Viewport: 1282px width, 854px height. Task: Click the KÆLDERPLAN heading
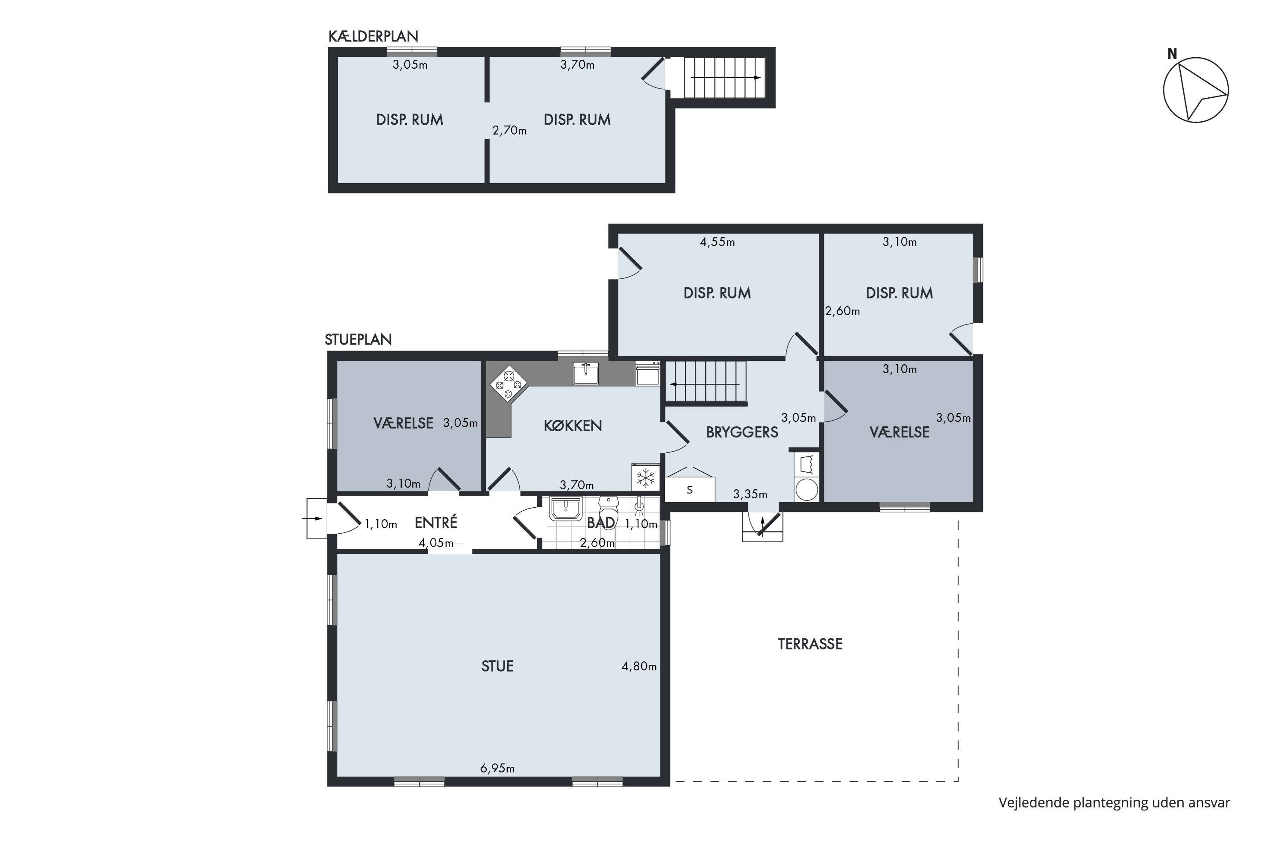373,36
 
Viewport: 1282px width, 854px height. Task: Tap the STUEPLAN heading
358,340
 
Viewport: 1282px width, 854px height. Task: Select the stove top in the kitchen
509,383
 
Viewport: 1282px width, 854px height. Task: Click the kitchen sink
585,374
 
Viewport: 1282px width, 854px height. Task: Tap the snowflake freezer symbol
646,478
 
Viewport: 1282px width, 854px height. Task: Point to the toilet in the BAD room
608,511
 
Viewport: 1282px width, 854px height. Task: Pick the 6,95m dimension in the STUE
497,769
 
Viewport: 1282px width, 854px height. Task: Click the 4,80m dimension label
639,666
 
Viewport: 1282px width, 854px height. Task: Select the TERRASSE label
810,644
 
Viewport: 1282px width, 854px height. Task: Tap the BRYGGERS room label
742,433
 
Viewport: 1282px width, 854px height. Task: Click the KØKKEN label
573,426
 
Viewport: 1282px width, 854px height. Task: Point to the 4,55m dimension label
717,242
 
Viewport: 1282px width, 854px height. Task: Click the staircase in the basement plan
725,78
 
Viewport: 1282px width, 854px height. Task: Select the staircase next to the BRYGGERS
706,383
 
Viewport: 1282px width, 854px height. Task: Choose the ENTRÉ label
435,523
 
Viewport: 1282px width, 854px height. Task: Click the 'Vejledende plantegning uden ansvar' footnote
1114,803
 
